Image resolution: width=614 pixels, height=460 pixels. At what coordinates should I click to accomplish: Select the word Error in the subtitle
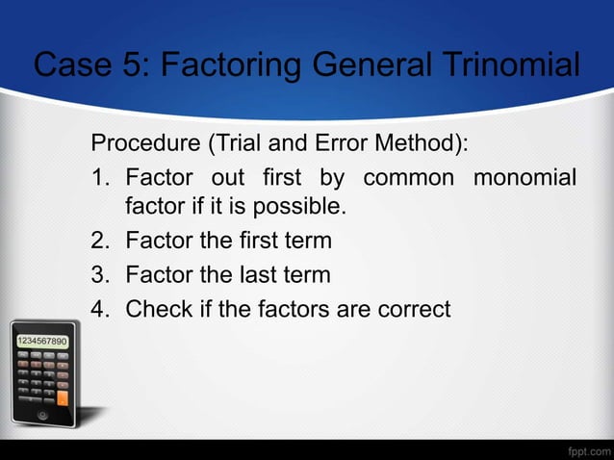click(343, 144)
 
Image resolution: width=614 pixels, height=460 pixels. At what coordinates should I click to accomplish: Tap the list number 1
click(99, 178)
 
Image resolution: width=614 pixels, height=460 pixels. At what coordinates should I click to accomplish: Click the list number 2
click(99, 241)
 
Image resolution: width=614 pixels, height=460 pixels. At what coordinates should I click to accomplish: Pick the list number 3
click(99, 275)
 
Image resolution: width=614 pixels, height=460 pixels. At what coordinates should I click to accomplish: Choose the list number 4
click(99, 310)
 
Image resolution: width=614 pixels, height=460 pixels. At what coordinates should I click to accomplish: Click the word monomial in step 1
click(524, 178)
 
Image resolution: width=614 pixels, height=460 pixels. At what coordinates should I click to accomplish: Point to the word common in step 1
click(406, 178)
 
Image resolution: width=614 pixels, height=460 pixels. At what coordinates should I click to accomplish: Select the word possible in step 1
click(304, 207)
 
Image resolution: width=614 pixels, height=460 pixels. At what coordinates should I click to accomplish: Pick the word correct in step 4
click(414, 310)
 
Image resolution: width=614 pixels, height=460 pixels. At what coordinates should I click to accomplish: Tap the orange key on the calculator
click(63, 396)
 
